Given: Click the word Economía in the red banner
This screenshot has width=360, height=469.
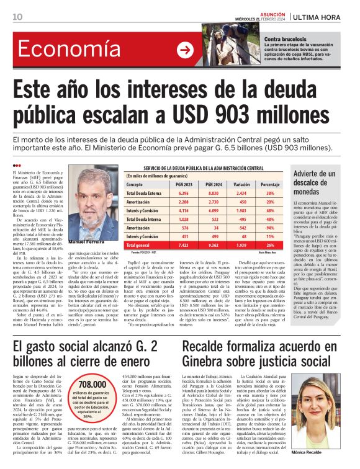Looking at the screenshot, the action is tap(69, 50).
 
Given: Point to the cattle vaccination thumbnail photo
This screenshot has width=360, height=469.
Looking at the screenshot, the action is tap(226, 45).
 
